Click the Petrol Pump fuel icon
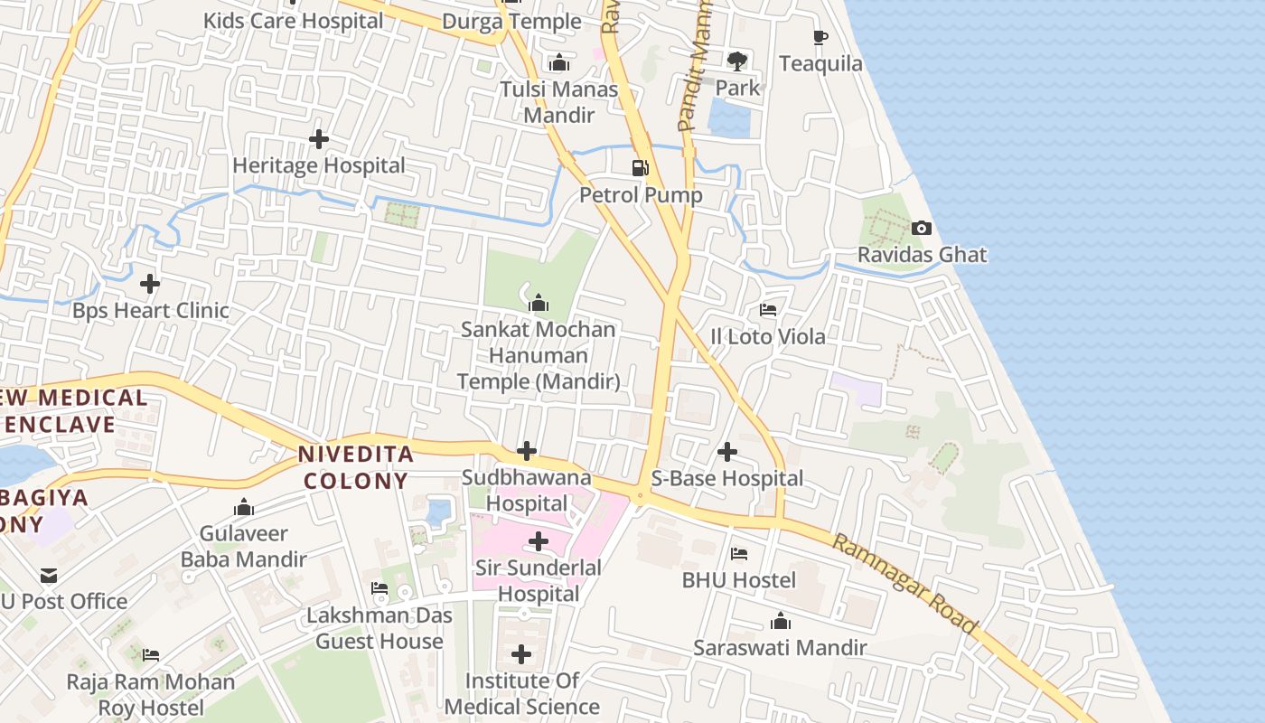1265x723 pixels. coord(640,167)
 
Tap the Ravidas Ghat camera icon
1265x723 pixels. coord(921,228)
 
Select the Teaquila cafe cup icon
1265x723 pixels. coord(820,37)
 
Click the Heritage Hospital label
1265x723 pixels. coord(319,166)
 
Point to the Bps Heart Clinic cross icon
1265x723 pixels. coord(150,284)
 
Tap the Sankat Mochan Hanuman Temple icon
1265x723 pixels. coord(539,302)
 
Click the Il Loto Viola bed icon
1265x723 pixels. coord(768,310)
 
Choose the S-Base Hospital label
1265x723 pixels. coord(727,479)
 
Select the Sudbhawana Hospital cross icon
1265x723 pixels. coord(527,450)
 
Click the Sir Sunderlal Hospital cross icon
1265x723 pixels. coord(539,541)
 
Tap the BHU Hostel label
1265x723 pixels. coord(739,580)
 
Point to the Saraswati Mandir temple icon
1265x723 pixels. coord(781,621)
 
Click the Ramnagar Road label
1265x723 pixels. coord(904,584)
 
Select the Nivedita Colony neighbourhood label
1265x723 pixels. coord(356,467)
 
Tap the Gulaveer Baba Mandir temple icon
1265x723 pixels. coord(244,507)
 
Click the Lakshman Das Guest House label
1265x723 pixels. coord(379,629)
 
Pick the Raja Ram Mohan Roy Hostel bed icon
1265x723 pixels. coord(150,654)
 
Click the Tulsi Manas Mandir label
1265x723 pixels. coord(559,102)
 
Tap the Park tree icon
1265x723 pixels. coord(737,61)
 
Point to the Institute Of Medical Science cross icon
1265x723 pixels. coord(521,654)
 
